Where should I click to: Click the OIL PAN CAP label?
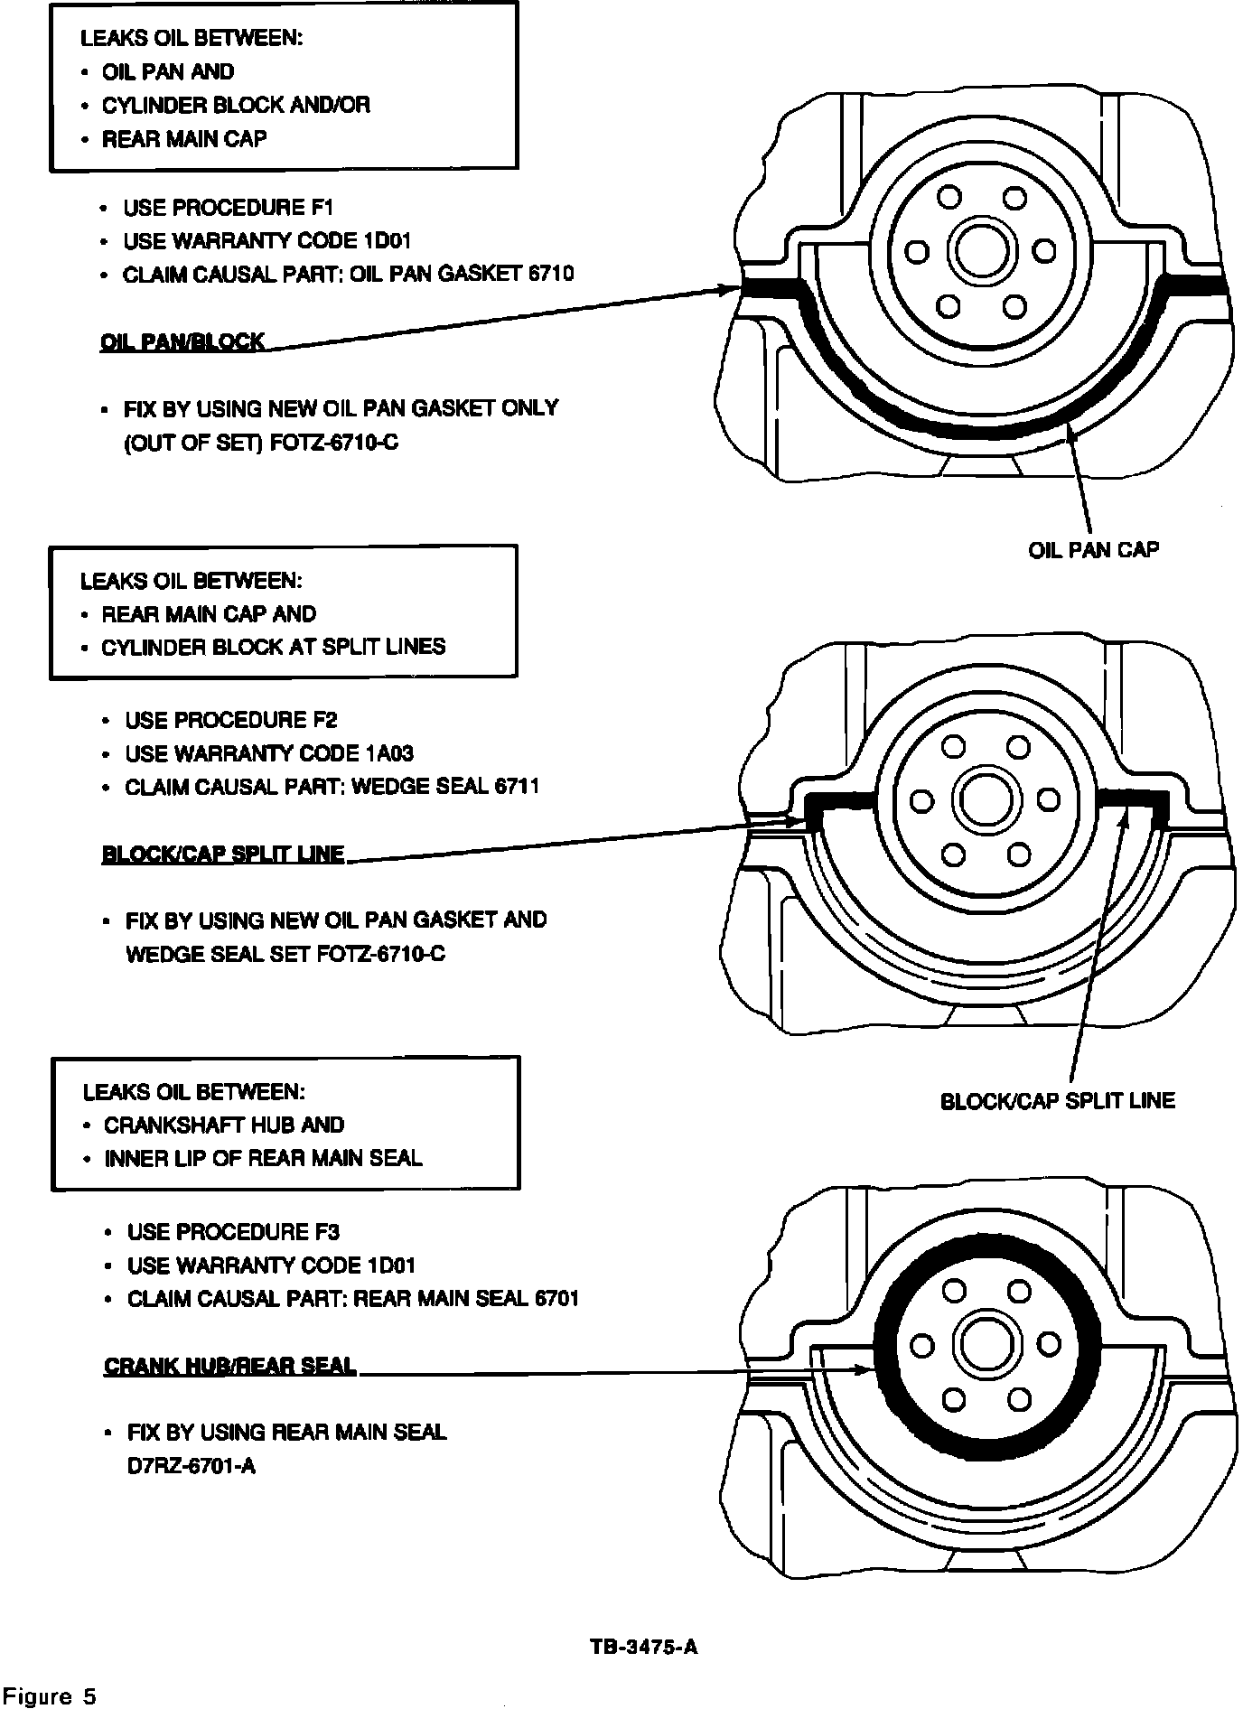1093,549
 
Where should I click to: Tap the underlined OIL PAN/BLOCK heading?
182,342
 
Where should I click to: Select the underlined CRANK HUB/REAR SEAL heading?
230,1365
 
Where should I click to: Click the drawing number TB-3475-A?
643,1646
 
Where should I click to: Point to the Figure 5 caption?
50,1695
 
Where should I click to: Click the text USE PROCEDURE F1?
229,208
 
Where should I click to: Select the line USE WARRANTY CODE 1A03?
269,753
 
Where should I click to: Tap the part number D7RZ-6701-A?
192,1465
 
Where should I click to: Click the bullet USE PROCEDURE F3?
233,1232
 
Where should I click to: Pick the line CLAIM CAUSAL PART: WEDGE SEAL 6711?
332,787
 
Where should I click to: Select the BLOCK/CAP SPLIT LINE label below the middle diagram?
1058,1100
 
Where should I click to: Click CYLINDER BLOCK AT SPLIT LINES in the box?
274,647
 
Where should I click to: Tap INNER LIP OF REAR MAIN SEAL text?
263,1158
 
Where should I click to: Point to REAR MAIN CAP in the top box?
184,139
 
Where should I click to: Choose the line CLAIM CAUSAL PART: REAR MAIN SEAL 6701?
352,1299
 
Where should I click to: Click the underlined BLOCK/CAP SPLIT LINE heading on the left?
223,854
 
